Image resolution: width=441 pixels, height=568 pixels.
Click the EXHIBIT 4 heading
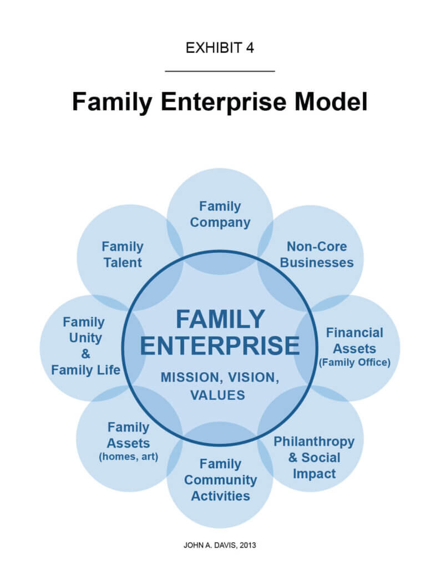[x=220, y=48]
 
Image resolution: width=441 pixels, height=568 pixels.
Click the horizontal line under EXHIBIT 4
[x=220, y=71]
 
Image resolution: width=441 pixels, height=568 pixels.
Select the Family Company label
[x=220, y=215]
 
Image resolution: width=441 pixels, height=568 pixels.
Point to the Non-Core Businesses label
[x=317, y=255]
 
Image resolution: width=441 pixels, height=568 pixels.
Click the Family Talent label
[x=123, y=255]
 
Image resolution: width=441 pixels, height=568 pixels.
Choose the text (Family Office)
[x=354, y=363]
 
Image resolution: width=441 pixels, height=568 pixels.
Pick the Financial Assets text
[x=354, y=341]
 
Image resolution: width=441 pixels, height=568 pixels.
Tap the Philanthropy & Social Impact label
[x=314, y=458]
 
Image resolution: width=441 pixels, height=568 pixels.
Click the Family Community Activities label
[x=220, y=479]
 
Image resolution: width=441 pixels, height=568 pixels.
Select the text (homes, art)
[x=128, y=457]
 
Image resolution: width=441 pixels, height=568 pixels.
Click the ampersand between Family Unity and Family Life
[x=85, y=354]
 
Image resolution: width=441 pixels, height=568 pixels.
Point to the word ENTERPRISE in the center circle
[x=220, y=345]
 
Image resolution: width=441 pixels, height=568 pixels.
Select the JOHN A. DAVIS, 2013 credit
[x=220, y=545]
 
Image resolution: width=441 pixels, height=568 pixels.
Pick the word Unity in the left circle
[x=85, y=338]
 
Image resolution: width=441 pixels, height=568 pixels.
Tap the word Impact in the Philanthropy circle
[x=314, y=474]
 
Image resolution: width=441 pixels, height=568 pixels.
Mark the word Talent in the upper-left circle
[x=123, y=262]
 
